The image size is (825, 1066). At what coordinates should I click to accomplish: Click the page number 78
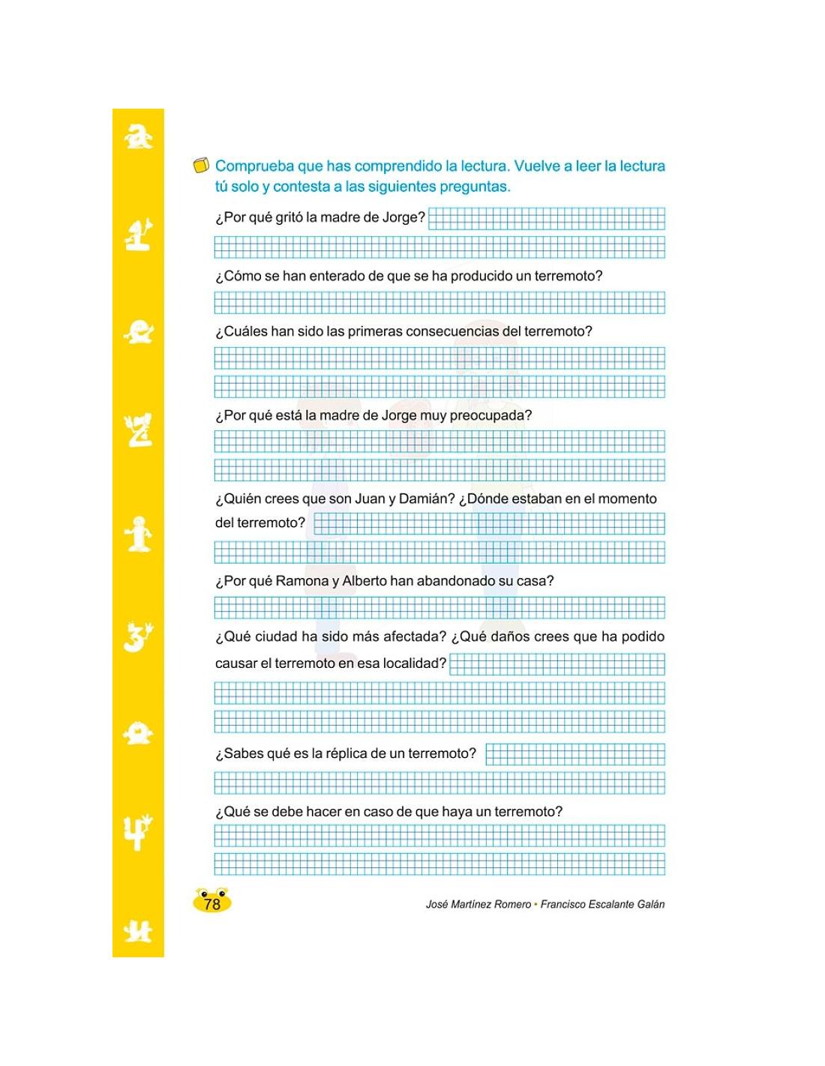click(212, 904)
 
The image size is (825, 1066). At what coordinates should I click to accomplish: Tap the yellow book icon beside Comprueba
click(200, 166)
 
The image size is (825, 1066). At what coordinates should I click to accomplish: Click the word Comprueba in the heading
click(254, 166)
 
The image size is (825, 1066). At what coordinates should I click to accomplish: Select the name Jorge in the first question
click(403, 218)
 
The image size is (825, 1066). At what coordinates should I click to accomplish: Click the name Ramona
click(302, 581)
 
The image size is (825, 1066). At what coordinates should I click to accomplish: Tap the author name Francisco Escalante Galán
click(602, 905)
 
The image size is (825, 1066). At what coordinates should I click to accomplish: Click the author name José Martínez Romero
click(478, 905)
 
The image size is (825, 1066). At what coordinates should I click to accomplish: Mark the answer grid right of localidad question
click(556, 664)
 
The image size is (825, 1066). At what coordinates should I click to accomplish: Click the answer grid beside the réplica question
click(574, 754)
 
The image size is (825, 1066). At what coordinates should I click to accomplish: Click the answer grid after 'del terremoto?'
click(488, 523)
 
